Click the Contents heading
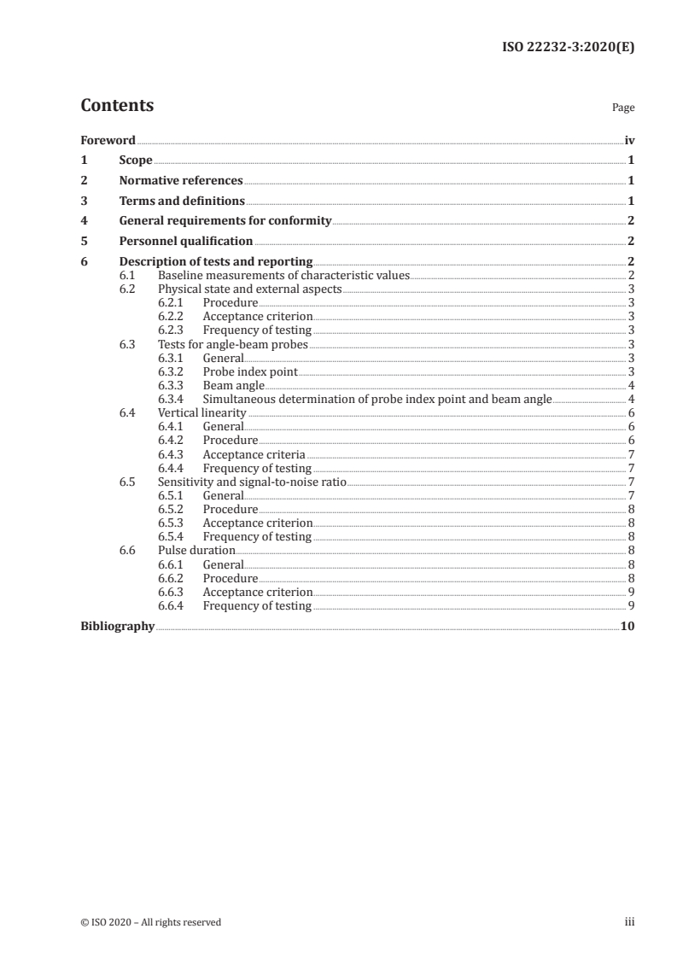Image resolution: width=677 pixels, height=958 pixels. pos(117,106)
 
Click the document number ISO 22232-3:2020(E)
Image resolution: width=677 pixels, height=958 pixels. pos(567,48)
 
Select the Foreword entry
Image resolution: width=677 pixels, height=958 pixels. pos(108,140)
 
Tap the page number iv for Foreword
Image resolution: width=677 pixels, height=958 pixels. pos(629,140)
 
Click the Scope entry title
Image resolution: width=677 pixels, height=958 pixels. pos(136,161)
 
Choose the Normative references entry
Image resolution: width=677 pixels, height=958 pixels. pos(181,181)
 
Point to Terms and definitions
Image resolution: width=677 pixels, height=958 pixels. pos(182,202)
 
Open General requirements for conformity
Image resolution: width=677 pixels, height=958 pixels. pos(225,221)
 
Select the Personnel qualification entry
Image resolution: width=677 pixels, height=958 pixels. pos(185,242)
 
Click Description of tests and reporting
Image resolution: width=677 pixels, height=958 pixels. pos(215,262)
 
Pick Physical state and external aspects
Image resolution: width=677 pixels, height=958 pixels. pos(249,289)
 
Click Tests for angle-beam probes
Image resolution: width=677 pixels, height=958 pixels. pos(232,345)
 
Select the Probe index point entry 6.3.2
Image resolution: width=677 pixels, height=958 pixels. pos(250,372)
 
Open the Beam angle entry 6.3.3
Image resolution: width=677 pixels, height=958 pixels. pos(233,386)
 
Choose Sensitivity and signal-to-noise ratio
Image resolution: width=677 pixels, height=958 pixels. pos(252,482)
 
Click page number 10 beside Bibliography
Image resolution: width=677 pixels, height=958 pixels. pos(627,626)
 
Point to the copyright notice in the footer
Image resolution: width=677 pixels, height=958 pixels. pos(150,922)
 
